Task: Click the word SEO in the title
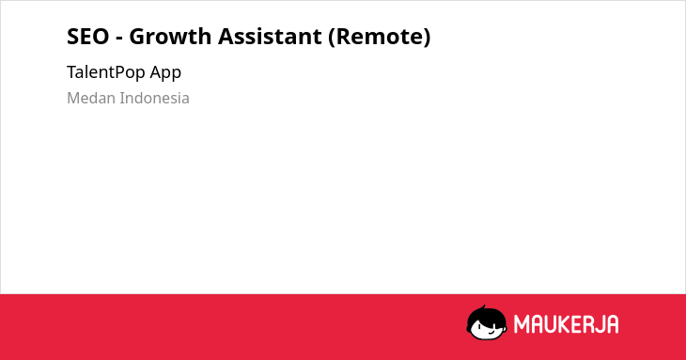click(88, 37)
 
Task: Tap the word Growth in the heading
click(170, 37)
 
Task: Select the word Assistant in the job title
click(270, 37)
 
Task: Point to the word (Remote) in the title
click(380, 37)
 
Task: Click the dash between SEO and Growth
click(119, 39)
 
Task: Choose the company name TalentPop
click(106, 72)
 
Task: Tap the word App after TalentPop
click(165, 73)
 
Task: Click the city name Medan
click(91, 98)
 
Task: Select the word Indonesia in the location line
click(155, 98)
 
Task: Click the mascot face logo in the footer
click(487, 322)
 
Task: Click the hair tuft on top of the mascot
click(483, 307)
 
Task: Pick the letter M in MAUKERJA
click(522, 324)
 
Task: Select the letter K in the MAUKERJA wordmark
click(562, 324)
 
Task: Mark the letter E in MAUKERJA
click(574, 324)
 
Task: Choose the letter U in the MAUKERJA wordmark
click(549, 324)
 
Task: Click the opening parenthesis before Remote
click(332, 38)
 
